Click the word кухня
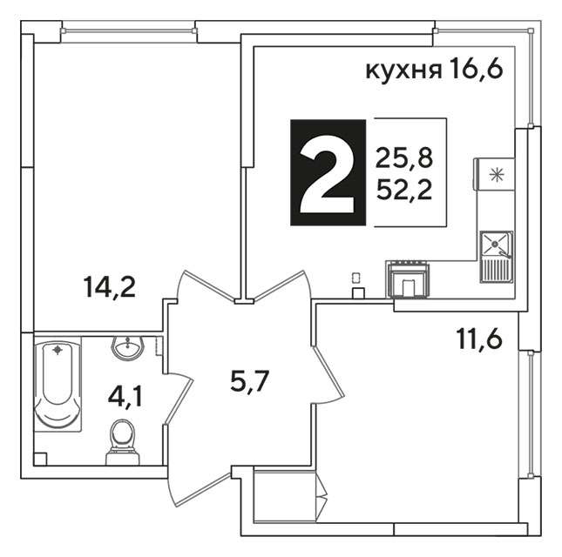[403, 70]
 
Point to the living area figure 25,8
[404, 158]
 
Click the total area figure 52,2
[404, 190]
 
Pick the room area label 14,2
[109, 288]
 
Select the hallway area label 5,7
[249, 381]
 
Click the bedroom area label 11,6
[479, 339]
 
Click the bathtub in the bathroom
[58, 384]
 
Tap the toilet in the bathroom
[123, 442]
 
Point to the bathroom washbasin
[127, 347]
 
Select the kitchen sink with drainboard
[497, 257]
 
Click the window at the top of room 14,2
[129, 31]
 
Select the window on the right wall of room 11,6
[531, 413]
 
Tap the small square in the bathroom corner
[40, 460]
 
